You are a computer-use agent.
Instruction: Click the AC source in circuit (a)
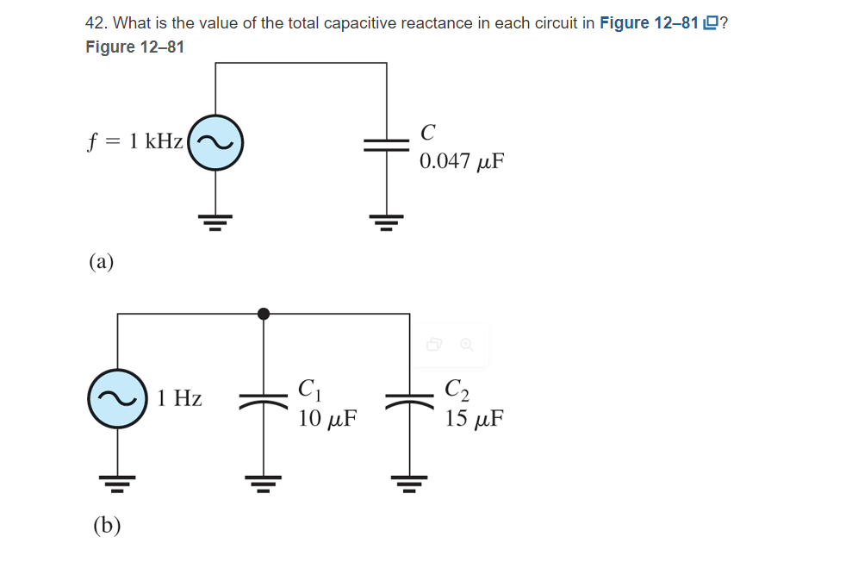[216, 142]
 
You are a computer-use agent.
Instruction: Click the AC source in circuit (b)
[116, 398]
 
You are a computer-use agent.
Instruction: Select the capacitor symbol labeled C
[387, 143]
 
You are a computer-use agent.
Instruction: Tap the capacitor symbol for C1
[263, 399]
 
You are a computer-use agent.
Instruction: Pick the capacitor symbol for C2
[410, 399]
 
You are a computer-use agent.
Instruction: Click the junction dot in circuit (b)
[264, 314]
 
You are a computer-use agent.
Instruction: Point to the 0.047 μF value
[461, 161]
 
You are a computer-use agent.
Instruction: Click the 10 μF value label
[327, 420]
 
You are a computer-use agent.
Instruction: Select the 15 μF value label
[474, 420]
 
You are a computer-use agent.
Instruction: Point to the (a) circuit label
[102, 261]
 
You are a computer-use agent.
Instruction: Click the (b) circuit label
[106, 524]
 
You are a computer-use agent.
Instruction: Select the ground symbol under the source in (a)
[216, 222]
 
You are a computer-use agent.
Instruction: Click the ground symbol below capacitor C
[387, 222]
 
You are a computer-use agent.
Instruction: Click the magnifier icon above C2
[466, 345]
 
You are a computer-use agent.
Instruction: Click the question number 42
[94, 23]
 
